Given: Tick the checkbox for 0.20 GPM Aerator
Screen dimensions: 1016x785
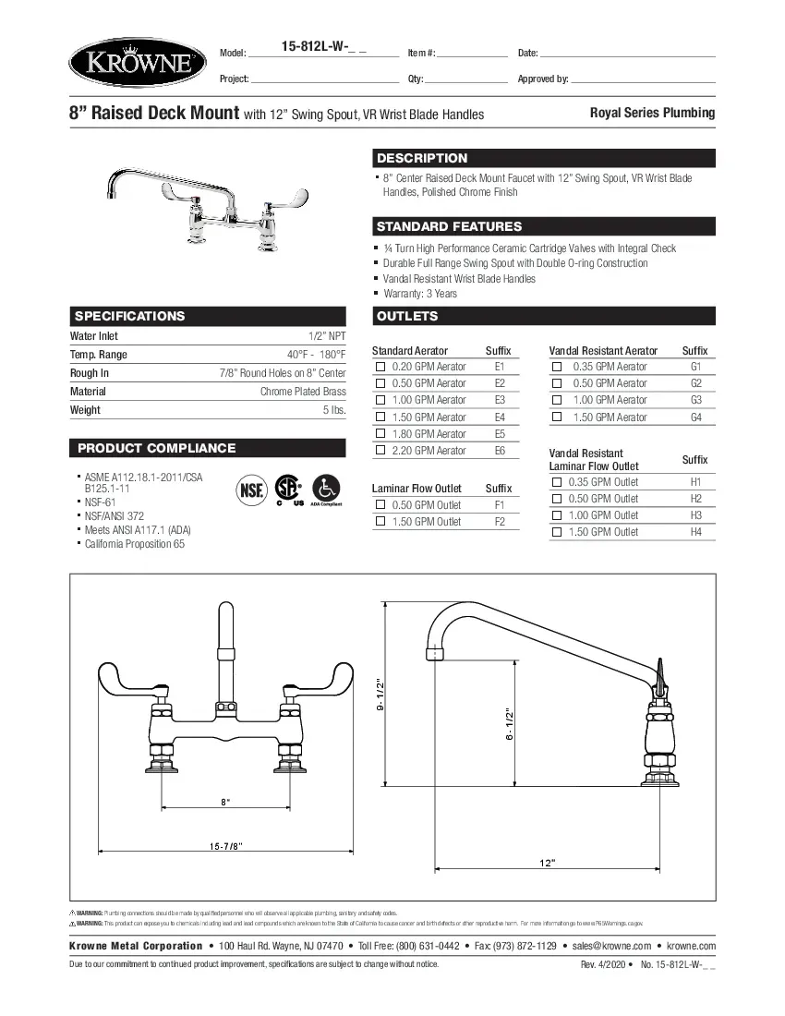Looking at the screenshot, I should tap(380, 367).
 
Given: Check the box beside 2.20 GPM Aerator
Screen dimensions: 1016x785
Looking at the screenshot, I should tap(380, 451).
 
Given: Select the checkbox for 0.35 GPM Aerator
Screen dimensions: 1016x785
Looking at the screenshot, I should tap(557, 367).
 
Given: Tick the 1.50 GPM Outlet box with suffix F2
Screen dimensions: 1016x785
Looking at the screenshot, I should tap(380, 522).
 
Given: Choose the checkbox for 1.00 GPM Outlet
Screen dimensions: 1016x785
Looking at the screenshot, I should tap(557, 515).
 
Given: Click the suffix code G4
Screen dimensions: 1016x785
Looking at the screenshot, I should tap(695, 417).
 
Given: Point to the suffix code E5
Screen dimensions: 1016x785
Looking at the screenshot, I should tap(500, 434).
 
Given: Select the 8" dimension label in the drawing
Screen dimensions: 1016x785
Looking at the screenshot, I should tap(225, 802).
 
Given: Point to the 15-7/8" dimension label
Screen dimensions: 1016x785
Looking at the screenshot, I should tap(225, 846).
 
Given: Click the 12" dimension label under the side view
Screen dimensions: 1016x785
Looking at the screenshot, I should tap(548, 863).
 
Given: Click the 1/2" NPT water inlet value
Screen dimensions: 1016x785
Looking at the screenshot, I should tap(327, 337).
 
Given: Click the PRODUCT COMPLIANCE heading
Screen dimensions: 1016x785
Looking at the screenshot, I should tap(156, 448).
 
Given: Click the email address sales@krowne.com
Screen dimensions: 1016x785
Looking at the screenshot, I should tap(614, 946).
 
